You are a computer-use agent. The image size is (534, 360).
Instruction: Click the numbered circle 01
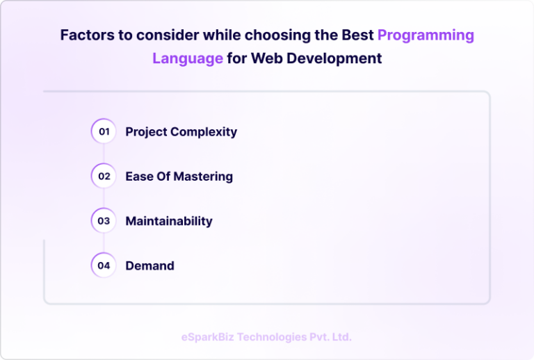(104, 131)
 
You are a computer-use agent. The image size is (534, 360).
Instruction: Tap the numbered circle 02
(104, 176)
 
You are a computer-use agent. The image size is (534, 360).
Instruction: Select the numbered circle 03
(104, 221)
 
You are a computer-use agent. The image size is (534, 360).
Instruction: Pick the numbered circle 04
(104, 265)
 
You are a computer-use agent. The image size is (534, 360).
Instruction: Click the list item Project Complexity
(181, 131)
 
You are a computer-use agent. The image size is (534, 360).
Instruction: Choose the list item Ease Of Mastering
(179, 176)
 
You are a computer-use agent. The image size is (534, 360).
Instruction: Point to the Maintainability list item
(168, 221)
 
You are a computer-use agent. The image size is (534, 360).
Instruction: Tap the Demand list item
(149, 265)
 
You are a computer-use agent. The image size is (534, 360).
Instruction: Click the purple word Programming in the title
(426, 35)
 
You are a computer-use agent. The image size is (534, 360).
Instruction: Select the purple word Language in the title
(188, 58)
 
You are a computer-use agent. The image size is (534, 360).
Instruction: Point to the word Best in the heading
(356, 35)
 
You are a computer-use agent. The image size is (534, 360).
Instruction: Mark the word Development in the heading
(335, 58)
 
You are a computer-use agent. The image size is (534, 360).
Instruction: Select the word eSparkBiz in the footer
(207, 337)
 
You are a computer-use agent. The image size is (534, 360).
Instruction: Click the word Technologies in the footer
(272, 337)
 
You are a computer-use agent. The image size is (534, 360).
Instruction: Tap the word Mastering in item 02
(202, 176)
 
